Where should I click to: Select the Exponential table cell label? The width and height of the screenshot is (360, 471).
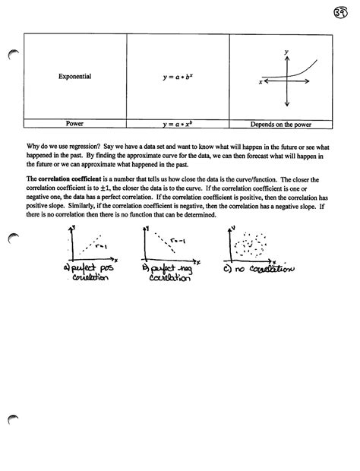pyautogui.click(x=74, y=77)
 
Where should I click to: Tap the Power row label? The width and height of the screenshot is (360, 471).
pyautogui.click(x=74, y=123)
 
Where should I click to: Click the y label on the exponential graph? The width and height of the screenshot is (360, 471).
pyautogui.click(x=286, y=51)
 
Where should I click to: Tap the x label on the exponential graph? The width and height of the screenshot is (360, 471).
pyautogui.click(x=260, y=81)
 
